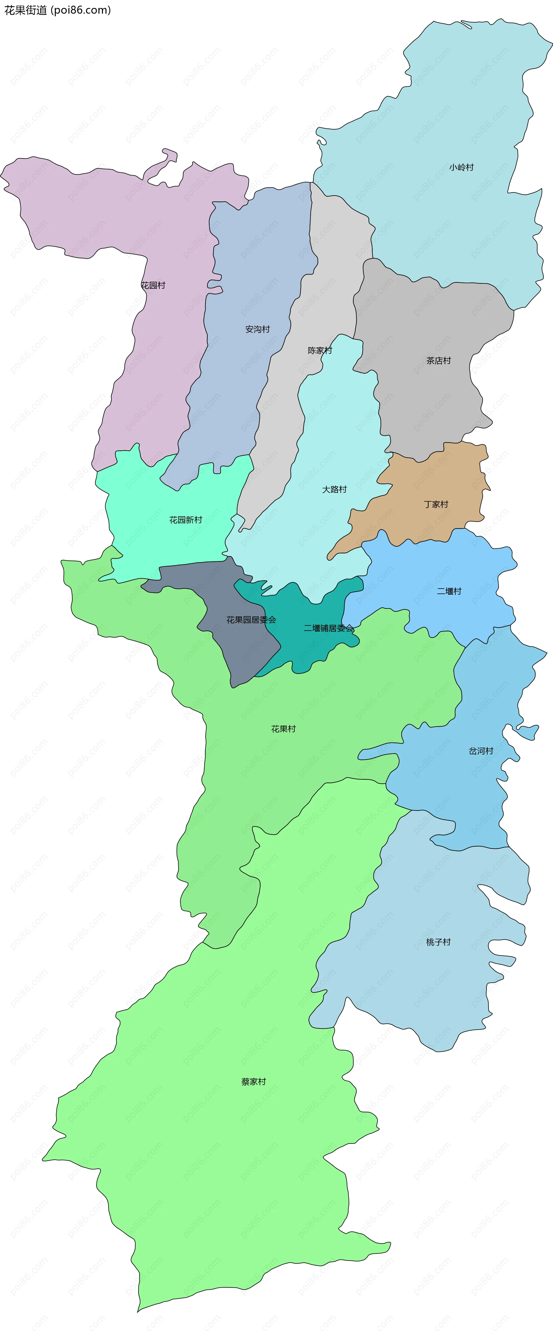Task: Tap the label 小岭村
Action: coord(461,167)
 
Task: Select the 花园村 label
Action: coord(153,285)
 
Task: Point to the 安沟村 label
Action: coord(258,329)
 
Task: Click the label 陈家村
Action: coord(320,350)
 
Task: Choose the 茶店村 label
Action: coord(438,361)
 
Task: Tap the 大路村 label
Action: coord(335,489)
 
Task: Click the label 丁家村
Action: coord(436,504)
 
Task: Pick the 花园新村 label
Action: coord(186,520)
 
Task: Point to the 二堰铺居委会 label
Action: coord(329,628)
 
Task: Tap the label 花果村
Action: coord(283,729)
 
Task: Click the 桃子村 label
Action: coord(438,942)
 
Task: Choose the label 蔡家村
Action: coord(253,1082)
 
